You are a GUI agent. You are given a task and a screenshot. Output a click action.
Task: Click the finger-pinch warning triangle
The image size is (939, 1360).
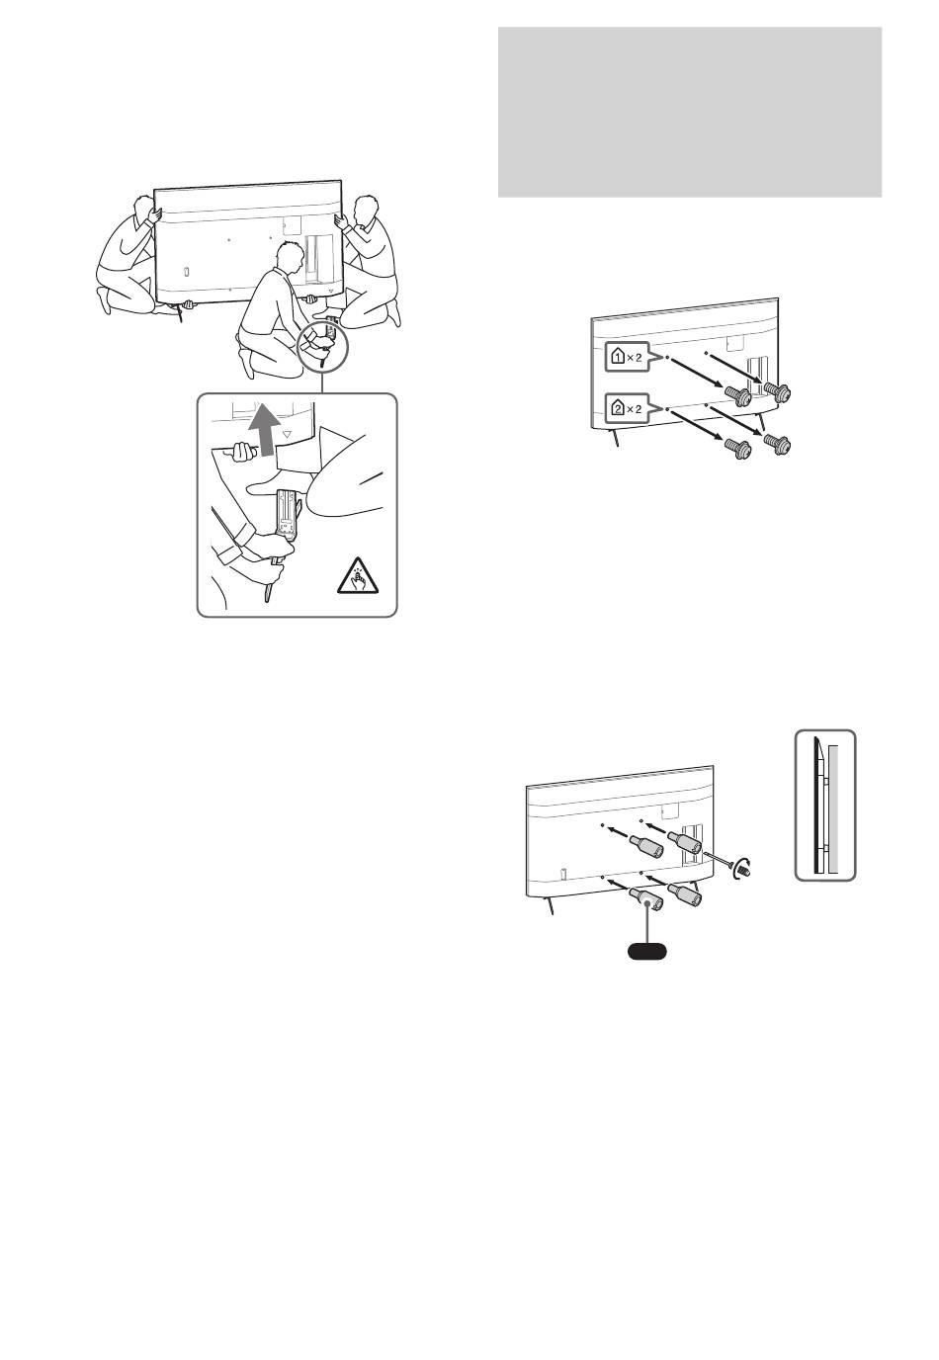click(x=357, y=575)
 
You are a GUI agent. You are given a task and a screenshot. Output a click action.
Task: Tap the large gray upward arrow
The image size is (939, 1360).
click(x=264, y=431)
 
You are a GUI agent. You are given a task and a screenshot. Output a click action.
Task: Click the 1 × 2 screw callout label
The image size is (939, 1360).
click(x=626, y=358)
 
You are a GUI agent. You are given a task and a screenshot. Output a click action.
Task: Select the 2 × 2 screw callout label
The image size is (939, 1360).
click(x=626, y=408)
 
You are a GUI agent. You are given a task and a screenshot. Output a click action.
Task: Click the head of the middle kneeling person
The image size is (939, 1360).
click(x=289, y=257)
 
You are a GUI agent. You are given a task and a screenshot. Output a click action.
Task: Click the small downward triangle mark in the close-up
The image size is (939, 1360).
click(x=287, y=435)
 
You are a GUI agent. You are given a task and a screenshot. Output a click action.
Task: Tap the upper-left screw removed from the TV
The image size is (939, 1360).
click(x=737, y=397)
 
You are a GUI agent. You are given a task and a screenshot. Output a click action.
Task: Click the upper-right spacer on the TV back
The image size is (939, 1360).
click(x=685, y=841)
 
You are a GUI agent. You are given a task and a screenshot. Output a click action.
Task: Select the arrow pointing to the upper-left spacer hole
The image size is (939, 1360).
click(x=616, y=830)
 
